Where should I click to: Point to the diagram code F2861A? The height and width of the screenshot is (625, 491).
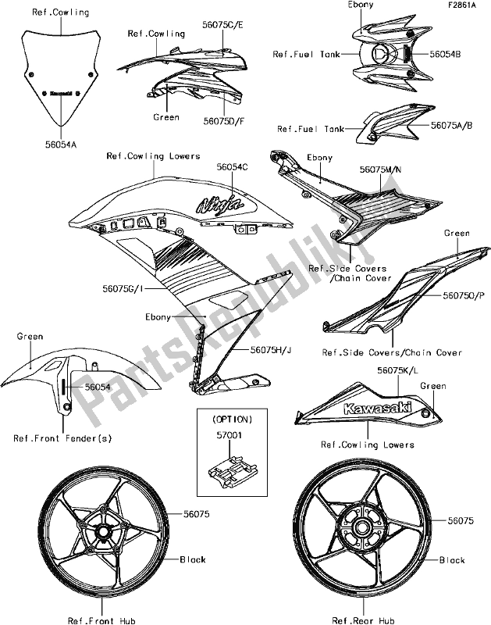coord(466,8)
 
